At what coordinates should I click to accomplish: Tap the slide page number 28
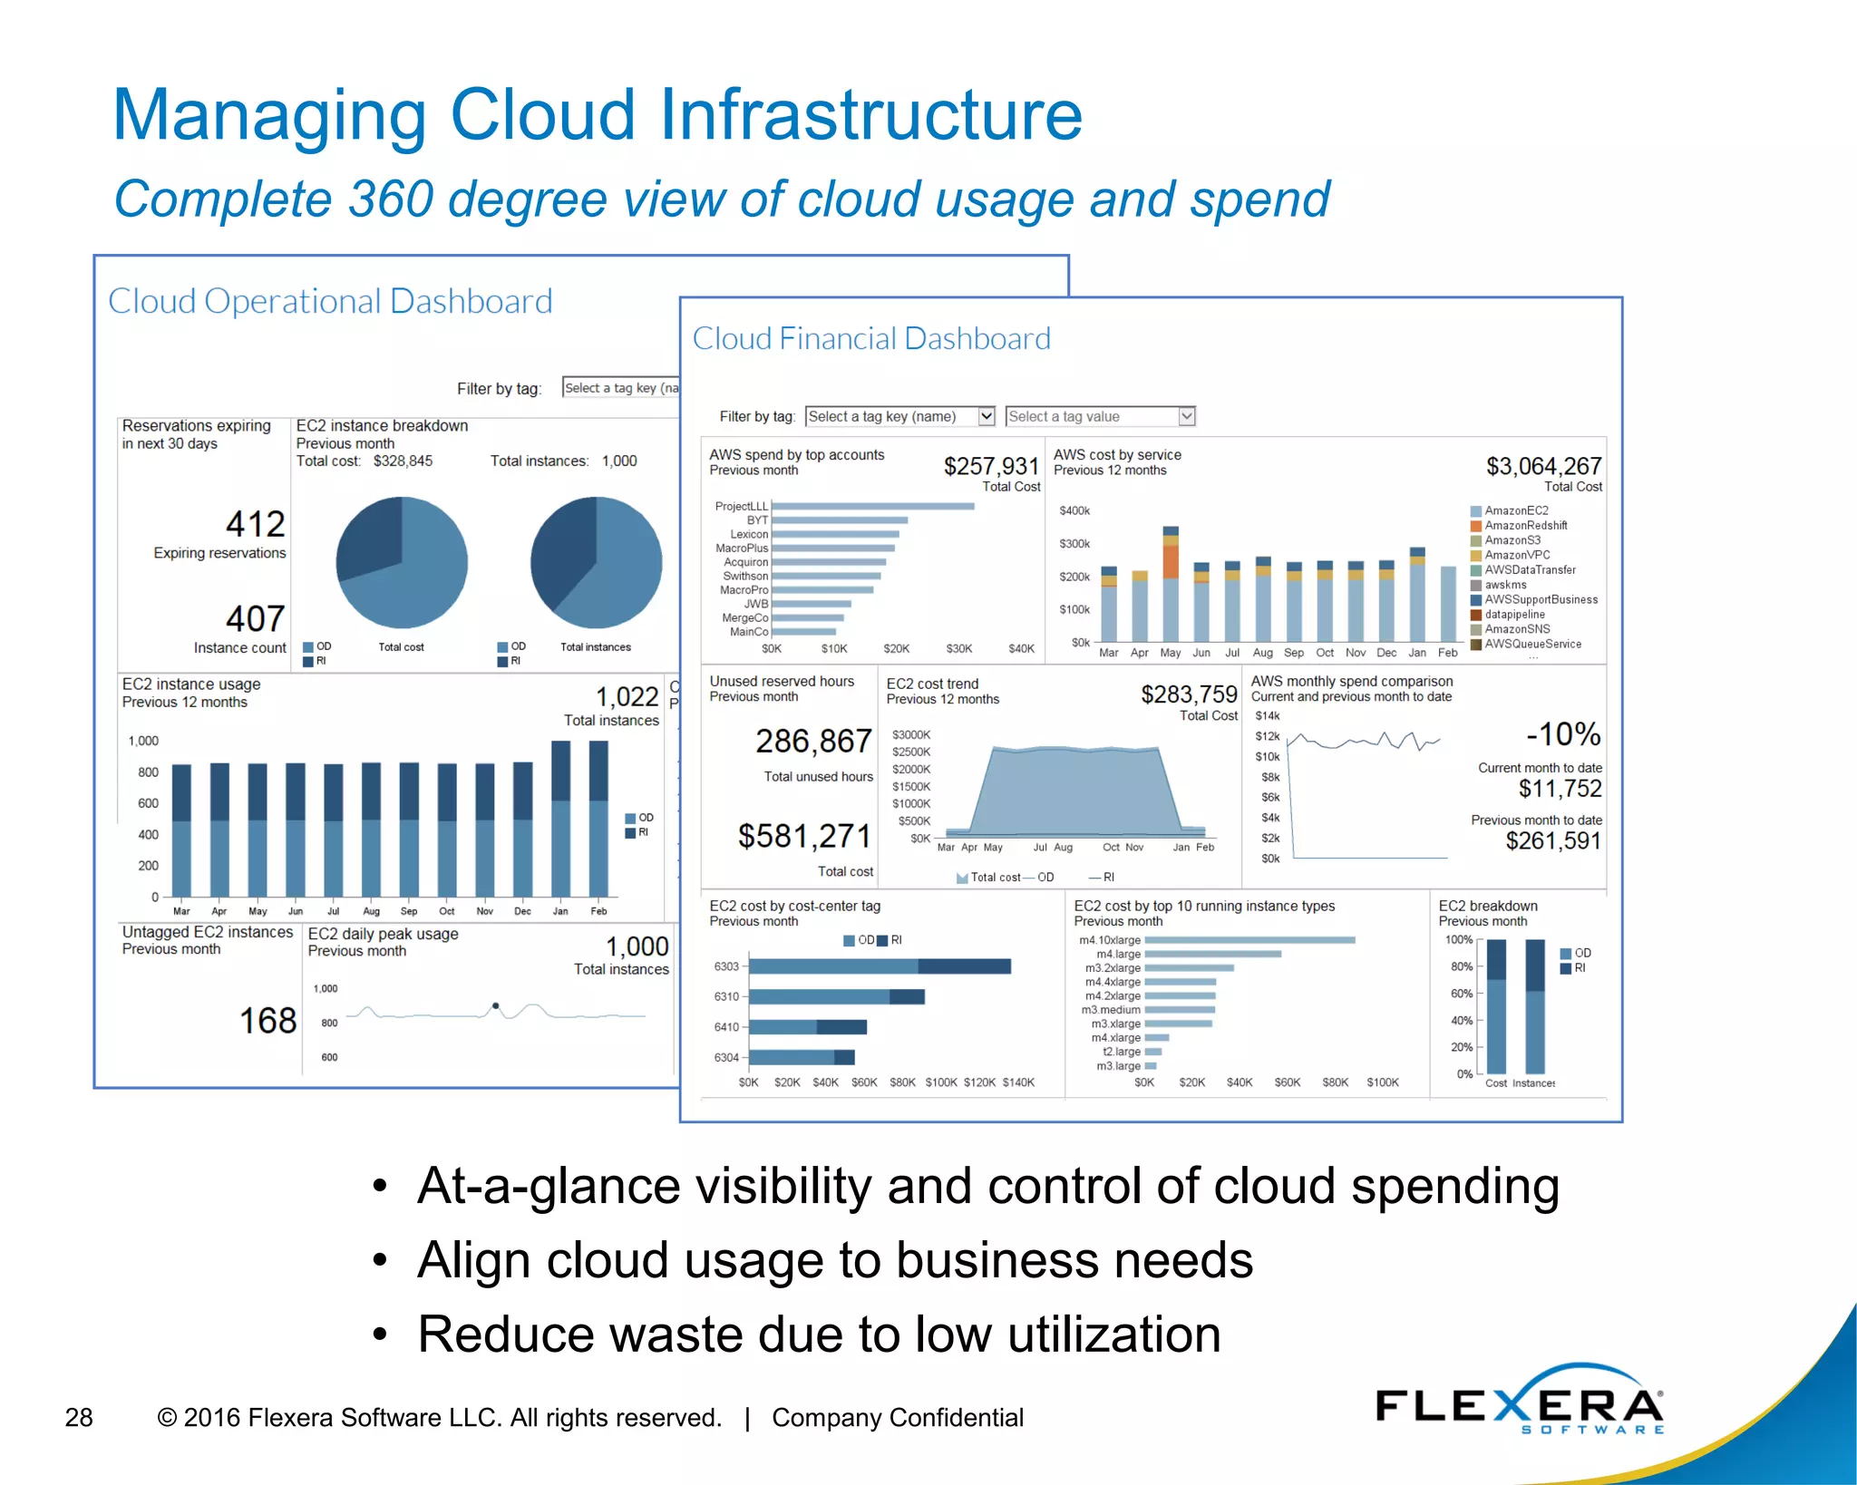pos(79,1417)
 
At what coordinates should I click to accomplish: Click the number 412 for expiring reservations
pos(255,524)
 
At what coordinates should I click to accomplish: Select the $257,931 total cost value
pos(990,466)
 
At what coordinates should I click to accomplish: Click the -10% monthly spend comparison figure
pos(1562,734)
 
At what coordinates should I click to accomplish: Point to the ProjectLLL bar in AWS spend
pos(872,507)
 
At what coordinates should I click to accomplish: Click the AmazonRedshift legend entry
pos(1525,526)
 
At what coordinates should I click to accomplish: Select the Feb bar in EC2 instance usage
pos(598,819)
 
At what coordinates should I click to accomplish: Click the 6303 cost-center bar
pos(879,966)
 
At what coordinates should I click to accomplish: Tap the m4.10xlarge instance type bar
pos(1249,940)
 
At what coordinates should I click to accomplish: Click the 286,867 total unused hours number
pos(813,742)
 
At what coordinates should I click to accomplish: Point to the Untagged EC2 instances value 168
pos(267,1021)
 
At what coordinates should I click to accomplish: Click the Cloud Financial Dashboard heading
pos(870,339)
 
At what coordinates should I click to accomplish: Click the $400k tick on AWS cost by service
pos(1074,511)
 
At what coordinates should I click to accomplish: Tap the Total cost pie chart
pos(402,563)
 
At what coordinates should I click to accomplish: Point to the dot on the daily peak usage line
pos(495,1006)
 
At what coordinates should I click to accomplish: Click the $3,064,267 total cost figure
pos(1543,466)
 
